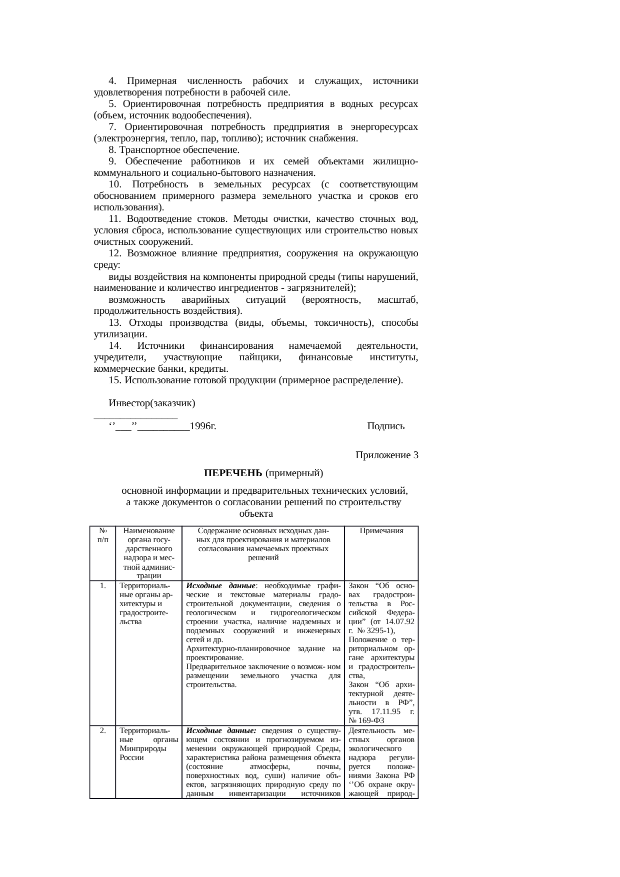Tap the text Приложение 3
coord(386,455)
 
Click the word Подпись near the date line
coord(385,426)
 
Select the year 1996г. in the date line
coord(203,426)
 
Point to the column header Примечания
coord(381,531)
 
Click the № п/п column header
coord(102,535)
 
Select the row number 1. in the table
coord(102,586)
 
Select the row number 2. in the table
coord(102,730)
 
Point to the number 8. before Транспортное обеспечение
coord(112,150)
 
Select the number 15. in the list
coord(115,380)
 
